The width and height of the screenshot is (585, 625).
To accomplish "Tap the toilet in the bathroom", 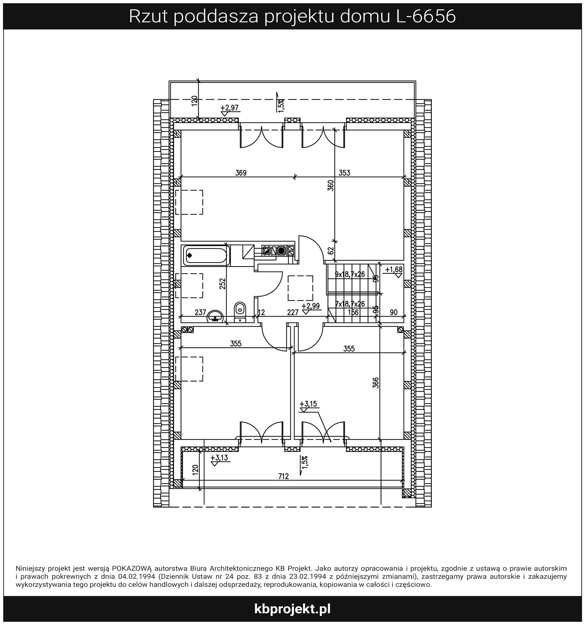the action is click(240, 312).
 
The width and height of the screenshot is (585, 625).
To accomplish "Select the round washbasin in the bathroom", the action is click(215, 316).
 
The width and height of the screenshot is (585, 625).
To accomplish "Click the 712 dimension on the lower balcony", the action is click(283, 476).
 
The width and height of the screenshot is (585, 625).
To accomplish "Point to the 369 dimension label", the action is click(241, 173).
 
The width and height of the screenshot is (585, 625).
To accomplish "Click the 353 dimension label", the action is click(344, 173).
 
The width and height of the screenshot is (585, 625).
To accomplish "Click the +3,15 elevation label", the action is click(308, 404).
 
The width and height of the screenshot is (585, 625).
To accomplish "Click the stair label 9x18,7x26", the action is click(350, 274).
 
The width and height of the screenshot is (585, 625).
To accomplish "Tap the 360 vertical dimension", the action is click(331, 185).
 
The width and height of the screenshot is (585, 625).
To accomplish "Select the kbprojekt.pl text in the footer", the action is click(292, 609).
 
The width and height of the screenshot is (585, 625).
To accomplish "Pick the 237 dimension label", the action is click(200, 312).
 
